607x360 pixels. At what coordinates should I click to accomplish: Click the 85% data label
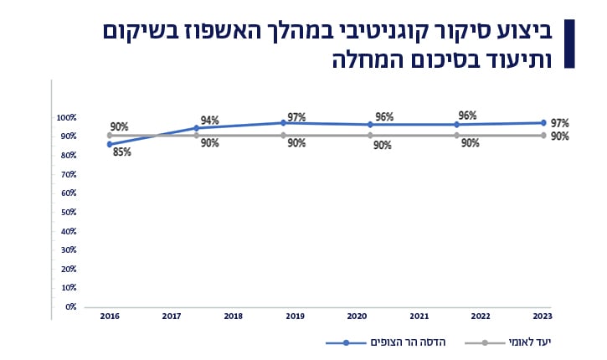coord(122,152)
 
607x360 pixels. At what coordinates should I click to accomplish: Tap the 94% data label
coord(210,121)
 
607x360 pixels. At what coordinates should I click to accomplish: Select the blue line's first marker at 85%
coord(110,144)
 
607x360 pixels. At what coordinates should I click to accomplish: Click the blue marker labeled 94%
coord(196,128)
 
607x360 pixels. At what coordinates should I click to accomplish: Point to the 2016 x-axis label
coord(109,316)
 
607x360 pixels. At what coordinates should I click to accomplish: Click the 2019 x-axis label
coord(296,316)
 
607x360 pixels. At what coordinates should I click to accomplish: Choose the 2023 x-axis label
coord(543,316)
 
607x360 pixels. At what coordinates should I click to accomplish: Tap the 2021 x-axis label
coord(419,316)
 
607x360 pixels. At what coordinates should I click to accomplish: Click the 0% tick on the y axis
coord(71,306)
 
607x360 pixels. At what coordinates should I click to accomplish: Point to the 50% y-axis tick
coord(69,212)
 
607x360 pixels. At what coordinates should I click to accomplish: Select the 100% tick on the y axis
coord(67,117)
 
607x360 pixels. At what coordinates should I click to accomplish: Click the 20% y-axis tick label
coord(69,269)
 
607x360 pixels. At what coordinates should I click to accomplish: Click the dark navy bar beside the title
coord(570,44)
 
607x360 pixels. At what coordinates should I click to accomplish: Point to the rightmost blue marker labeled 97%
coord(543,123)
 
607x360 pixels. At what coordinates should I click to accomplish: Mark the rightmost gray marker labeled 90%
coord(543,135)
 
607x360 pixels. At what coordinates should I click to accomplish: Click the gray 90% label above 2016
coord(119,127)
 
